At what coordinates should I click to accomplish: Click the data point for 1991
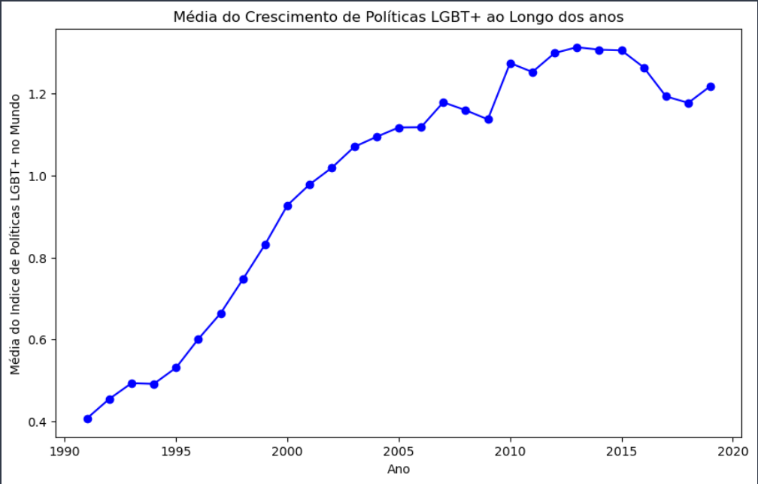(87, 419)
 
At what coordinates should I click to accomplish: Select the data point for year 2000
(287, 205)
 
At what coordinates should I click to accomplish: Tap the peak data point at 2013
(577, 47)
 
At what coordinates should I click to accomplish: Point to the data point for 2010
(511, 64)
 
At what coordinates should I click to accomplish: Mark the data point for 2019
(711, 86)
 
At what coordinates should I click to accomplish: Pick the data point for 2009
(488, 119)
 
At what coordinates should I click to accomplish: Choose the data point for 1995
(176, 368)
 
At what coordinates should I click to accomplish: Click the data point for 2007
(444, 102)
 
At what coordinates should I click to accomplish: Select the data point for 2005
(399, 128)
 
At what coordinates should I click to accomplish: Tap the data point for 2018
(688, 103)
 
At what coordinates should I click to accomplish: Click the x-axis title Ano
(399, 469)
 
